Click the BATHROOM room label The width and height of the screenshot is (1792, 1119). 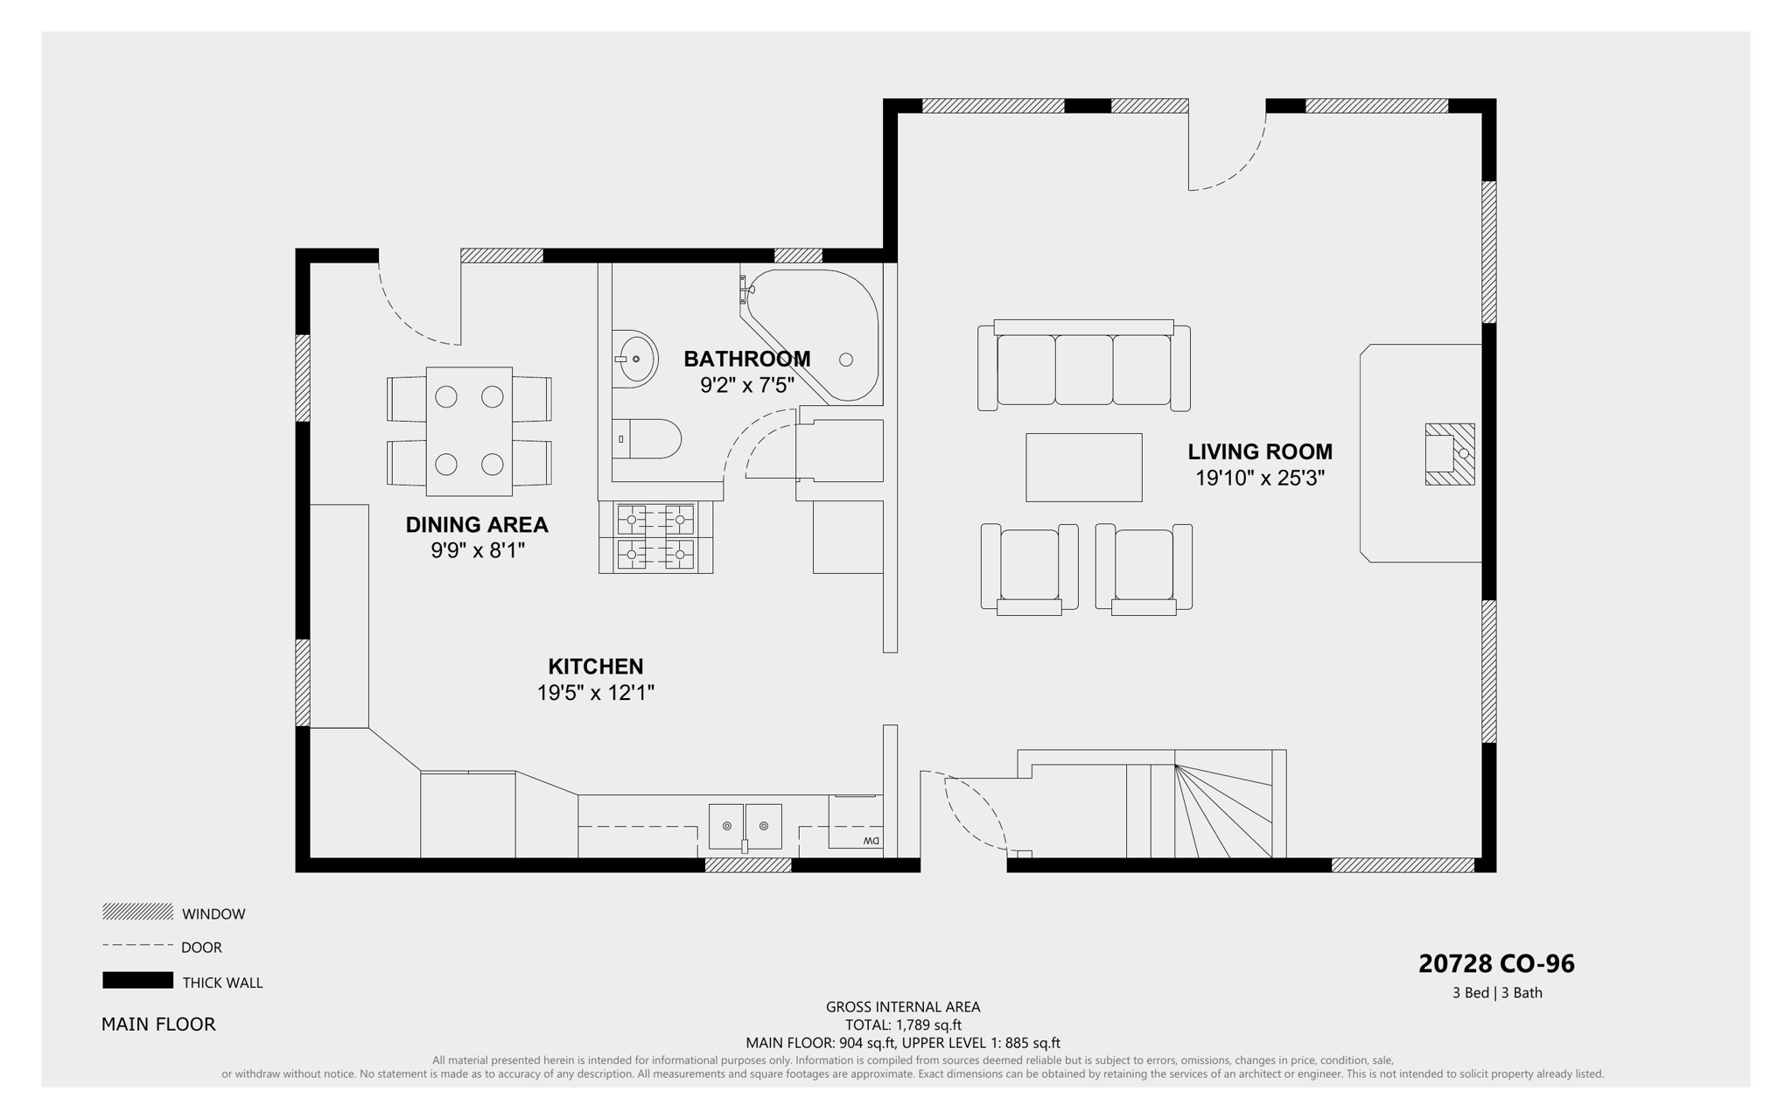point(746,359)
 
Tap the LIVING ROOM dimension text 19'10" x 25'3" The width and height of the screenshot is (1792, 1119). point(1259,479)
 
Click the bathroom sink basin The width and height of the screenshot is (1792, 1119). point(636,359)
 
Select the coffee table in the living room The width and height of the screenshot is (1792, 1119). point(1083,467)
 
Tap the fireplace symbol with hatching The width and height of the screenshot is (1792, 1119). point(1449,454)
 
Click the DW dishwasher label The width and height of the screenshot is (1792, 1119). point(871,841)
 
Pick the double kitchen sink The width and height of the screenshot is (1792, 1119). point(745,826)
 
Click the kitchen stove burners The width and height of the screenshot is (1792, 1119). point(655,537)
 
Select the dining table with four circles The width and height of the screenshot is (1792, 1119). point(469,431)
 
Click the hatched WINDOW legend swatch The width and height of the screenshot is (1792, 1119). point(137,912)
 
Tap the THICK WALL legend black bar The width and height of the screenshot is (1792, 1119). point(137,980)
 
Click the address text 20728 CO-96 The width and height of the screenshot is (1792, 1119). point(1495,963)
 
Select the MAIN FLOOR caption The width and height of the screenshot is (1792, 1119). point(158,1024)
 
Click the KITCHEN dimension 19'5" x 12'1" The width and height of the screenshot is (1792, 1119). point(595,693)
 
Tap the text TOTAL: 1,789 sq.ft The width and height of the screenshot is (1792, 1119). point(902,1025)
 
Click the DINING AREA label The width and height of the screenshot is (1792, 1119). point(476,525)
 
